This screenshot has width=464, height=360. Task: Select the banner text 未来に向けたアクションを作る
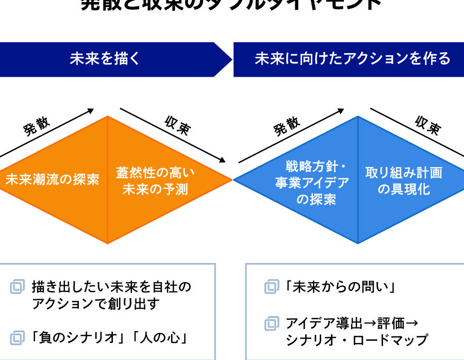tap(352, 59)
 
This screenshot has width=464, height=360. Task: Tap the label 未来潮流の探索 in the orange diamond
tap(53, 179)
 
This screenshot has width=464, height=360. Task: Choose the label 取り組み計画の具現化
tap(404, 181)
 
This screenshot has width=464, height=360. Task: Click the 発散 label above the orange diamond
tap(37, 126)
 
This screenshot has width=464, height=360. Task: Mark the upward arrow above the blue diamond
tap(292, 135)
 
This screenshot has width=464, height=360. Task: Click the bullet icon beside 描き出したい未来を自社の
tap(18, 287)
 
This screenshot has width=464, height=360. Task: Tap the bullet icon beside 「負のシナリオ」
tap(18, 338)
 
